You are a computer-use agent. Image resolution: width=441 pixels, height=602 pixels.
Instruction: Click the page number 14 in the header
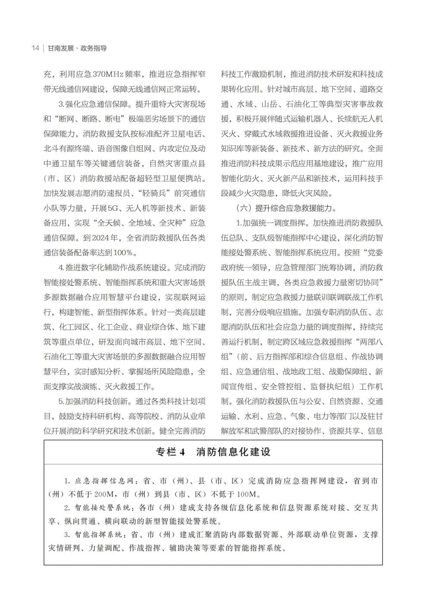(x=35, y=48)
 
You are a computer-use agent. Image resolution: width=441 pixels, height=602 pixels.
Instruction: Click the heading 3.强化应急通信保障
(x=95, y=104)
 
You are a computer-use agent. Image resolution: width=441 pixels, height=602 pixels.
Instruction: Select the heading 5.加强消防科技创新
(x=95, y=401)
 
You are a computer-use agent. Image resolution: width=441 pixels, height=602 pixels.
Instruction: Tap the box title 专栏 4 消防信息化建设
(x=213, y=452)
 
